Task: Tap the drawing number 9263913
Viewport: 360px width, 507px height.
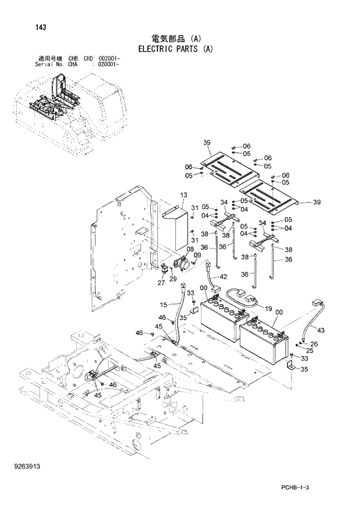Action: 29,466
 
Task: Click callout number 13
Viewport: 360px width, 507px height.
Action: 183,195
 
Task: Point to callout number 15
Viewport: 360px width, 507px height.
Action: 163,304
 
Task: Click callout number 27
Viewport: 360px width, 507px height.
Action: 161,283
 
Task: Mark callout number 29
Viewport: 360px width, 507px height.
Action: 172,279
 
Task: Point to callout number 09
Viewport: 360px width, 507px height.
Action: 197,254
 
